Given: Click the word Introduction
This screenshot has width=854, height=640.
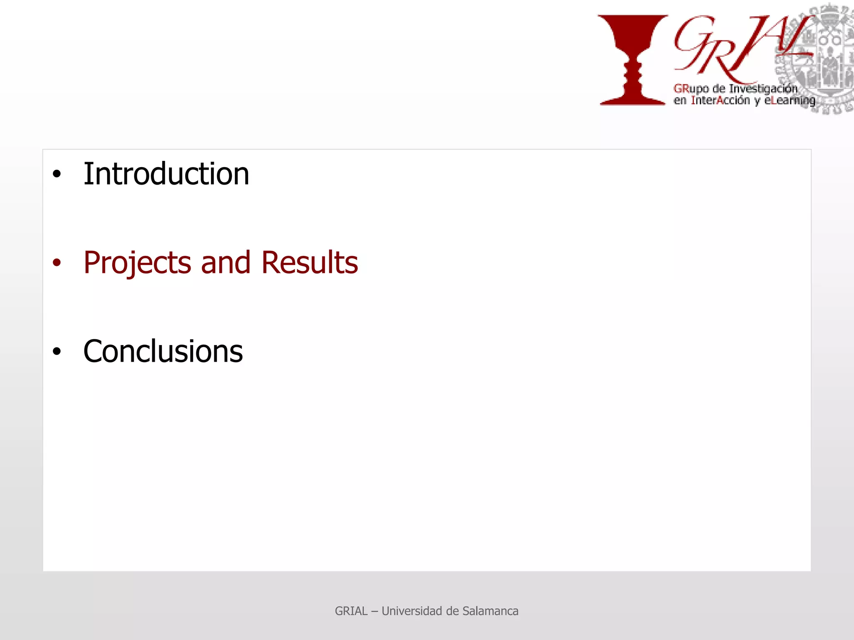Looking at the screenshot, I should click(x=166, y=174).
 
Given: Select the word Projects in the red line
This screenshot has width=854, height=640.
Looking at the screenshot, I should click(x=137, y=263).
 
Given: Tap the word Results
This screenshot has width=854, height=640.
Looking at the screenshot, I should click(x=309, y=262).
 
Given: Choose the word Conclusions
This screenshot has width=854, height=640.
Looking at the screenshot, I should click(x=163, y=351).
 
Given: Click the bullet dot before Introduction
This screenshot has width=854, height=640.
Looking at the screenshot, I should click(x=57, y=174).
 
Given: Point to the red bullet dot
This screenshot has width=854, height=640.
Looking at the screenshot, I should click(x=57, y=262).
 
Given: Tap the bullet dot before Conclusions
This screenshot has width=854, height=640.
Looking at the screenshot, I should click(x=57, y=351).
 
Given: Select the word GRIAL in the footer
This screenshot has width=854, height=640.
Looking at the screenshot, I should click(x=351, y=611).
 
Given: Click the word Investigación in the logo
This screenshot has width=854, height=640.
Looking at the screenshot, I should click(x=763, y=89).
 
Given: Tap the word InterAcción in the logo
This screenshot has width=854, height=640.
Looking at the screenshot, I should click(x=720, y=100).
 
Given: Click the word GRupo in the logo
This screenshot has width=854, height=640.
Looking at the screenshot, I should click(x=691, y=89).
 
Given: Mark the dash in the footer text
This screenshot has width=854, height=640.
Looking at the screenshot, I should click(x=374, y=611).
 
